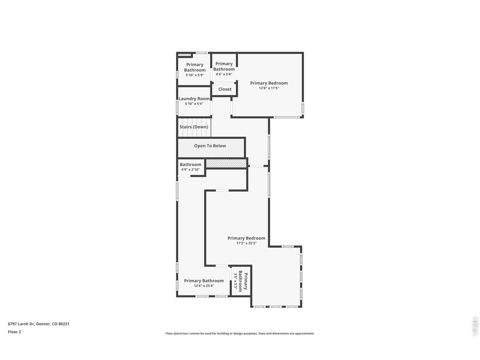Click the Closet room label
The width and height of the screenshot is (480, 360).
point(225,89)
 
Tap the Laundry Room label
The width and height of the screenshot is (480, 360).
point(194,99)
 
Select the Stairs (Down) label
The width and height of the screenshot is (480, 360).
point(194,127)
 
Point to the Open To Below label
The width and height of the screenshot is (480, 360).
point(210,146)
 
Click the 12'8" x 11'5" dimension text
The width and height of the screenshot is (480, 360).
point(269,88)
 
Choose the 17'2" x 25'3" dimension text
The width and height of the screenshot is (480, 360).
point(246,243)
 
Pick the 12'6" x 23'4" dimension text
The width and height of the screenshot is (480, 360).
point(204,286)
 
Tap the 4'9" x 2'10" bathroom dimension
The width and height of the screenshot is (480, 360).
point(190,169)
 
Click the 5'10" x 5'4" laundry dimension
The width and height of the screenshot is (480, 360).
point(194,103)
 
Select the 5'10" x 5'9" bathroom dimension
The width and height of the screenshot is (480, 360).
point(195,75)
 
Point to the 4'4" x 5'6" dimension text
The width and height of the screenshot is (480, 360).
point(224,74)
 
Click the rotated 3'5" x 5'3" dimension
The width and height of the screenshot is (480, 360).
point(235,281)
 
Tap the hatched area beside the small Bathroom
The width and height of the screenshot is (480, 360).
point(226,163)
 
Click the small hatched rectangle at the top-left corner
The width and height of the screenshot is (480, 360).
point(183,55)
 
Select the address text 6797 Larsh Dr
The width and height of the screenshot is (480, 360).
point(21,324)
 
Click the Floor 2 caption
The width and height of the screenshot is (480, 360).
point(14,332)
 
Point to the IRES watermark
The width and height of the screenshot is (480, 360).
point(474,326)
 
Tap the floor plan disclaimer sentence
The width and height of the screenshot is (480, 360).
point(240,333)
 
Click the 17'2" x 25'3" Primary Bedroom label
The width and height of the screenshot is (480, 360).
point(246,238)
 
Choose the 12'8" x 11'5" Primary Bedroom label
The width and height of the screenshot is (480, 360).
point(269,83)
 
